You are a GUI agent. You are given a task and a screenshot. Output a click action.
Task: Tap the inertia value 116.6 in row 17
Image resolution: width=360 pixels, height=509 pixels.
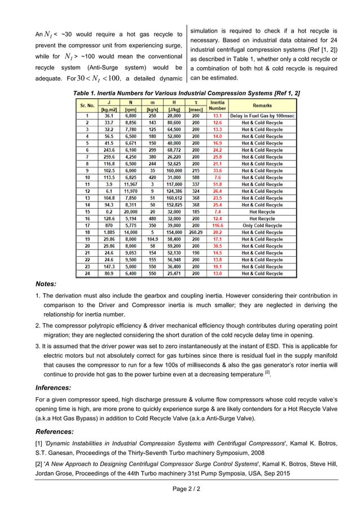coord(217,224)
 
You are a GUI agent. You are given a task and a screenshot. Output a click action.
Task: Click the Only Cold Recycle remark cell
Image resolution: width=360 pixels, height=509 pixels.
coord(262,224)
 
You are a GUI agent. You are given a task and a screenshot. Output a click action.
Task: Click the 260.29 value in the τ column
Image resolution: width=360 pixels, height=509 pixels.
coord(196,231)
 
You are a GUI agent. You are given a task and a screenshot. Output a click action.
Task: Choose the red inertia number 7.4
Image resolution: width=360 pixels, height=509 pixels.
coord(217,210)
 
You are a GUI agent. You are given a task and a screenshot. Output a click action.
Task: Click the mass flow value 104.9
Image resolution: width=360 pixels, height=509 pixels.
coord(152,238)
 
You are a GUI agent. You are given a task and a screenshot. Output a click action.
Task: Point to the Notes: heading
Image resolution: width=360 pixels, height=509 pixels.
coord(45,284)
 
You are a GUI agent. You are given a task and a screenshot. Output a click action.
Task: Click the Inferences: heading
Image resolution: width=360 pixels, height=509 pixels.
coord(52,388)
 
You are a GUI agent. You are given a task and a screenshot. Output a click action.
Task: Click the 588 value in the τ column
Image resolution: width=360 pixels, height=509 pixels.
coord(196,177)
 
